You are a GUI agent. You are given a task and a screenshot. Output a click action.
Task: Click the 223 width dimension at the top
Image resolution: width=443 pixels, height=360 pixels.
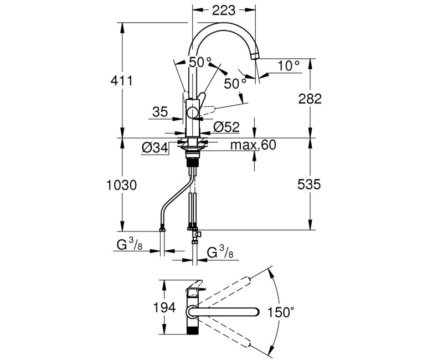click(x=224, y=11)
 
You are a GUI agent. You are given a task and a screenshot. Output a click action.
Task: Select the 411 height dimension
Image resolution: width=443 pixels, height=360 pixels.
click(x=122, y=81)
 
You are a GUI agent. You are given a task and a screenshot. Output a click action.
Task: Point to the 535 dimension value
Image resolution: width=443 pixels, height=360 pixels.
click(x=310, y=184)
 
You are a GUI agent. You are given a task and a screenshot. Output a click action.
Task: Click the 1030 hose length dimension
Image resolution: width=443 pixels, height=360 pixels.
click(x=122, y=184)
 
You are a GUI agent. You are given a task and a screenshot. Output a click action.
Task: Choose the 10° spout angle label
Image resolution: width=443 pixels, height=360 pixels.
click(x=289, y=66)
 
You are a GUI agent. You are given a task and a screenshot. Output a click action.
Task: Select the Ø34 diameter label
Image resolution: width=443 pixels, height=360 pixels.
click(x=155, y=148)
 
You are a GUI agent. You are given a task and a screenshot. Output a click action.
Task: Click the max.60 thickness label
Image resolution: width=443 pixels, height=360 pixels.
click(x=253, y=145)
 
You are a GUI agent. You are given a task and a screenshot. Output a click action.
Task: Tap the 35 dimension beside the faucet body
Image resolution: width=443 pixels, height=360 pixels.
click(x=159, y=112)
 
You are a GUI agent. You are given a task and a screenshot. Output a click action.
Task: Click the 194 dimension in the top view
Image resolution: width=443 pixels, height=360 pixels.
click(x=164, y=307)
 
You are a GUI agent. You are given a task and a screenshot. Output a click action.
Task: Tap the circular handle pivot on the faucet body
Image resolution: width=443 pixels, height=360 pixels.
click(x=192, y=113)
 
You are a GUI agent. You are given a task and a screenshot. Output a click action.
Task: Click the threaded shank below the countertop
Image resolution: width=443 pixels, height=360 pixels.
click(x=192, y=162)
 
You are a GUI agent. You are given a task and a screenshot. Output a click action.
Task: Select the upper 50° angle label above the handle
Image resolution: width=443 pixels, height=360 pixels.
click(x=200, y=62)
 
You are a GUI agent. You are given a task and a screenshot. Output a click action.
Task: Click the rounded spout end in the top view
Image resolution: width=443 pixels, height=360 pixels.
click(x=254, y=312)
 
